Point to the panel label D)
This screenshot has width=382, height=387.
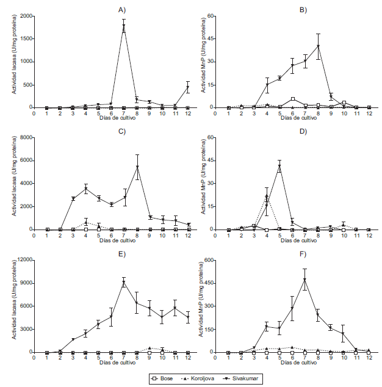[x=303, y=131]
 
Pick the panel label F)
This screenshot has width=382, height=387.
[x=303, y=253]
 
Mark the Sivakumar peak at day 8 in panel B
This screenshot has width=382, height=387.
[x=318, y=46]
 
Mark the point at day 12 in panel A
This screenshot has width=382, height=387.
[x=188, y=87]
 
